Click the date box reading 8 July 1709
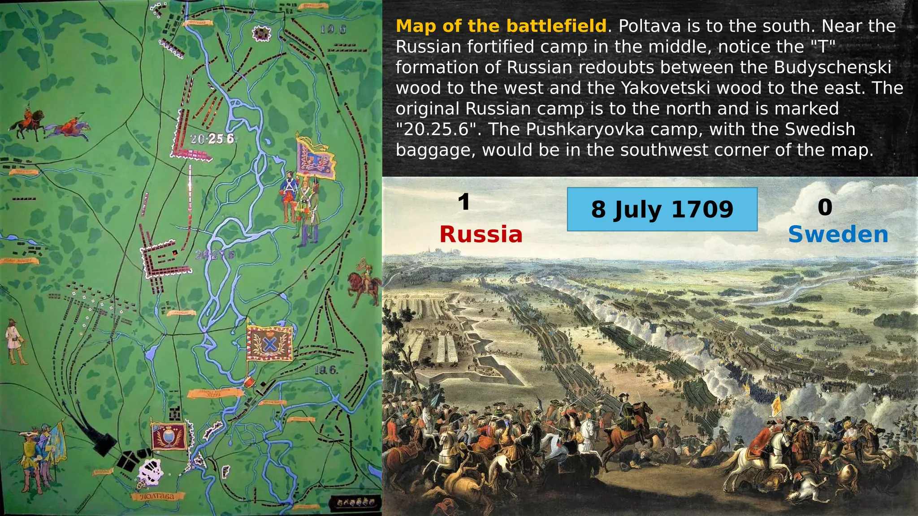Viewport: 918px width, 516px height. [662, 209]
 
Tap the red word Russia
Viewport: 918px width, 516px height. [481, 234]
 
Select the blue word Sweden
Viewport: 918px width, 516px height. [838, 234]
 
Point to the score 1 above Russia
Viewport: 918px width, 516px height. [464, 202]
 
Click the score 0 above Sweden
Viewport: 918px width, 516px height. [825, 207]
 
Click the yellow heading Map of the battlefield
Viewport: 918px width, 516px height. [501, 26]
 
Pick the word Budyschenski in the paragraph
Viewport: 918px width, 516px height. [832, 67]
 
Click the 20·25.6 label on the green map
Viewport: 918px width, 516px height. [212, 139]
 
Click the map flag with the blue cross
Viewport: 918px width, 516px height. [270, 344]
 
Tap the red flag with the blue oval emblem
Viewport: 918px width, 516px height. [169, 436]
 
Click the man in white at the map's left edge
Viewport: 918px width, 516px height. [15, 341]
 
